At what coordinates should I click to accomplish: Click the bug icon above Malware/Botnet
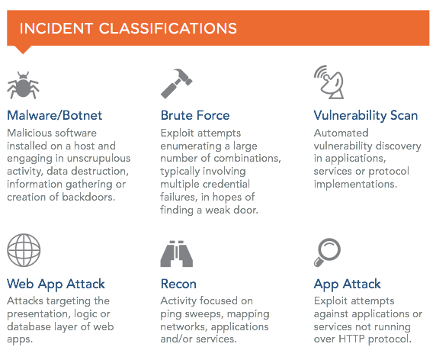coord(23,85)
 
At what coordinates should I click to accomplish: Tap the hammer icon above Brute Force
coord(177,83)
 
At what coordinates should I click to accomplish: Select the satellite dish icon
coord(329,82)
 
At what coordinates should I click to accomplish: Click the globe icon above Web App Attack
coord(24,250)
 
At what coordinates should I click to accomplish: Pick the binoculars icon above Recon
coord(177,254)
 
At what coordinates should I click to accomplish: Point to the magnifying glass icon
coord(327,252)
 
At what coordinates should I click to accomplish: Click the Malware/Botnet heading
coord(55,115)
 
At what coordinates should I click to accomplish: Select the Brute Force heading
coord(195,115)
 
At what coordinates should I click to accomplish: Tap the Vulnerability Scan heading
coord(366,116)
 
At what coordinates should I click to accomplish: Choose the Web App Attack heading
coord(56,284)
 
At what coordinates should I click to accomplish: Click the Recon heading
coord(178,284)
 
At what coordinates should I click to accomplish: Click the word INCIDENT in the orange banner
coord(56,29)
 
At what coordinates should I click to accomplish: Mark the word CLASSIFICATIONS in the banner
coord(168,29)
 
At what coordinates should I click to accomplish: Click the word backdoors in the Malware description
coord(88,197)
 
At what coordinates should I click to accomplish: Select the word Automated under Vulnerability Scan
coord(341,133)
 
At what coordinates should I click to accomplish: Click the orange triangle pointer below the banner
coord(23,50)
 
